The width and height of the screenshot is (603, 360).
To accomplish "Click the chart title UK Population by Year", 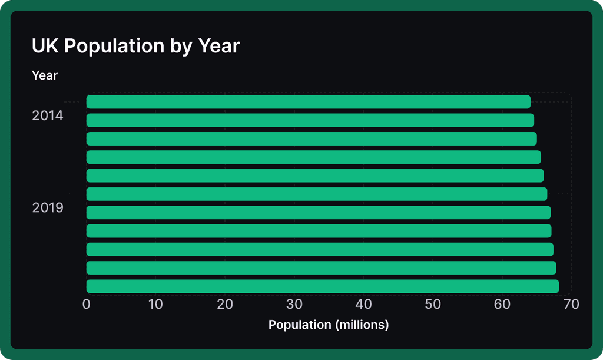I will (135, 46).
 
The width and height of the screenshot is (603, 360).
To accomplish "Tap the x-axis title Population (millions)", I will (329, 325).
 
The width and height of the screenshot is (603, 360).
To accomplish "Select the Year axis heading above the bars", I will (45, 75).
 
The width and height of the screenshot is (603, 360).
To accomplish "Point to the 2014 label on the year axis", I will (47, 115).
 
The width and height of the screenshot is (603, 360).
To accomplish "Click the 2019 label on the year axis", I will (47, 208).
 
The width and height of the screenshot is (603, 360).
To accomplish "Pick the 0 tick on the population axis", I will (87, 304).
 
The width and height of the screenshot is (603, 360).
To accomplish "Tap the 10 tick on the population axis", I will (155, 304).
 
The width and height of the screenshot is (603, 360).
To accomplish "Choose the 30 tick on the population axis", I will (294, 304).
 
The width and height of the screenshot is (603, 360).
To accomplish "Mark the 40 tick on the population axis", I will (363, 304).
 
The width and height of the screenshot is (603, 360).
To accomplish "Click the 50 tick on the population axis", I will (433, 304).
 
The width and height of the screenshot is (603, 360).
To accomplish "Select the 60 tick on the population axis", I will (502, 304).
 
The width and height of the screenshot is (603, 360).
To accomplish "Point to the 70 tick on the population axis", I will (571, 304).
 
